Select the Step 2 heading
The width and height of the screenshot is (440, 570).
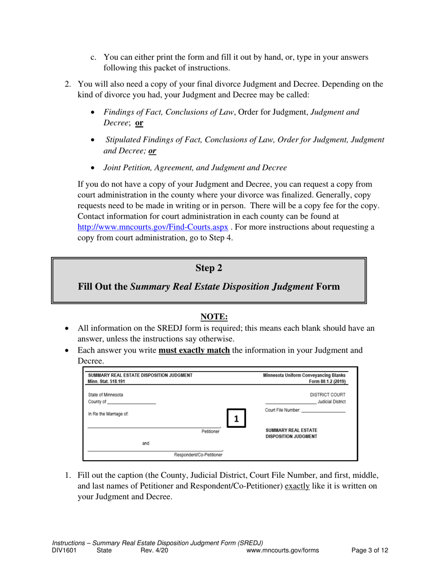[209, 268]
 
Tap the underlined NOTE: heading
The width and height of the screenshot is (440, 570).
[214, 317]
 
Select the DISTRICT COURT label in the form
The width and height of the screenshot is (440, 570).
[327, 394]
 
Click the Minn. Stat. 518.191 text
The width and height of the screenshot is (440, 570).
[107, 381]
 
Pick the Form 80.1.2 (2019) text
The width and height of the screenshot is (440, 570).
[327, 381]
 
